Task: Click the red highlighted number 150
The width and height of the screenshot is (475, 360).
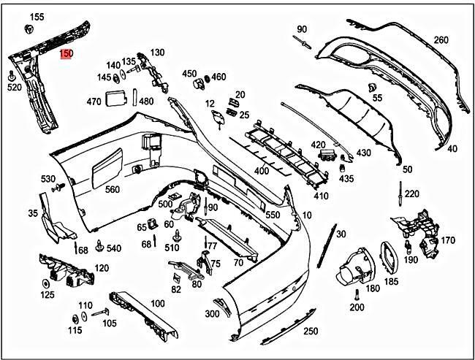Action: (x=66, y=54)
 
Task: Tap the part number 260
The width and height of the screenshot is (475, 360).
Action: (x=441, y=39)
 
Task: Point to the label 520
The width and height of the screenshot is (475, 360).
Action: (x=14, y=87)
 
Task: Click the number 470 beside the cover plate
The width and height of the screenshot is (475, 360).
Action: (x=94, y=102)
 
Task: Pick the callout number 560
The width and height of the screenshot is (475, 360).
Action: (x=112, y=190)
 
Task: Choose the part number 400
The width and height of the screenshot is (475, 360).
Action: (x=262, y=171)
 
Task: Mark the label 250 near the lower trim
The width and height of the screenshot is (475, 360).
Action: (x=311, y=332)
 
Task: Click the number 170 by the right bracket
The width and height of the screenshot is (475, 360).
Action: (x=448, y=240)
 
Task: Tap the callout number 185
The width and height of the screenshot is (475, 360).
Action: (x=392, y=281)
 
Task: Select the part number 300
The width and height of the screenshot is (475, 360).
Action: (x=212, y=314)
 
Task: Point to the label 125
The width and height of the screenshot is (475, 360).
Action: (x=47, y=295)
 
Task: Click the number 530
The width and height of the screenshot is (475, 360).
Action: (x=48, y=179)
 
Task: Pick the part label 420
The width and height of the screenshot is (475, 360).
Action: (x=318, y=145)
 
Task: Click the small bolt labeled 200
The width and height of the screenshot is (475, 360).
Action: (x=356, y=294)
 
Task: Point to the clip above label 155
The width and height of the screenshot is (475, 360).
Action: (x=31, y=28)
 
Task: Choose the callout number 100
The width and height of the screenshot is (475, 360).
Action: (x=158, y=303)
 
